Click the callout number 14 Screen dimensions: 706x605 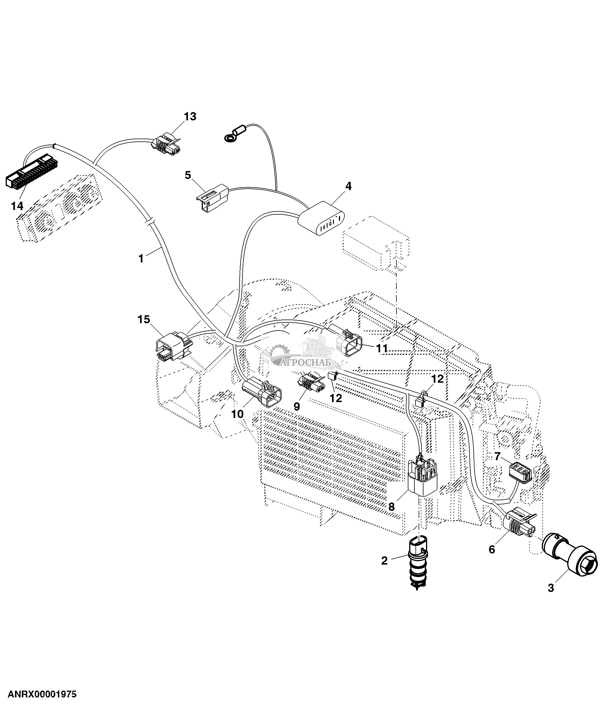click(x=17, y=206)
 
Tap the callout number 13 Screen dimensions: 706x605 click(x=190, y=117)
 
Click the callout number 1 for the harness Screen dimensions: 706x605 click(x=141, y=258)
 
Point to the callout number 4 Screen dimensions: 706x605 click(x=348, y=186)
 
